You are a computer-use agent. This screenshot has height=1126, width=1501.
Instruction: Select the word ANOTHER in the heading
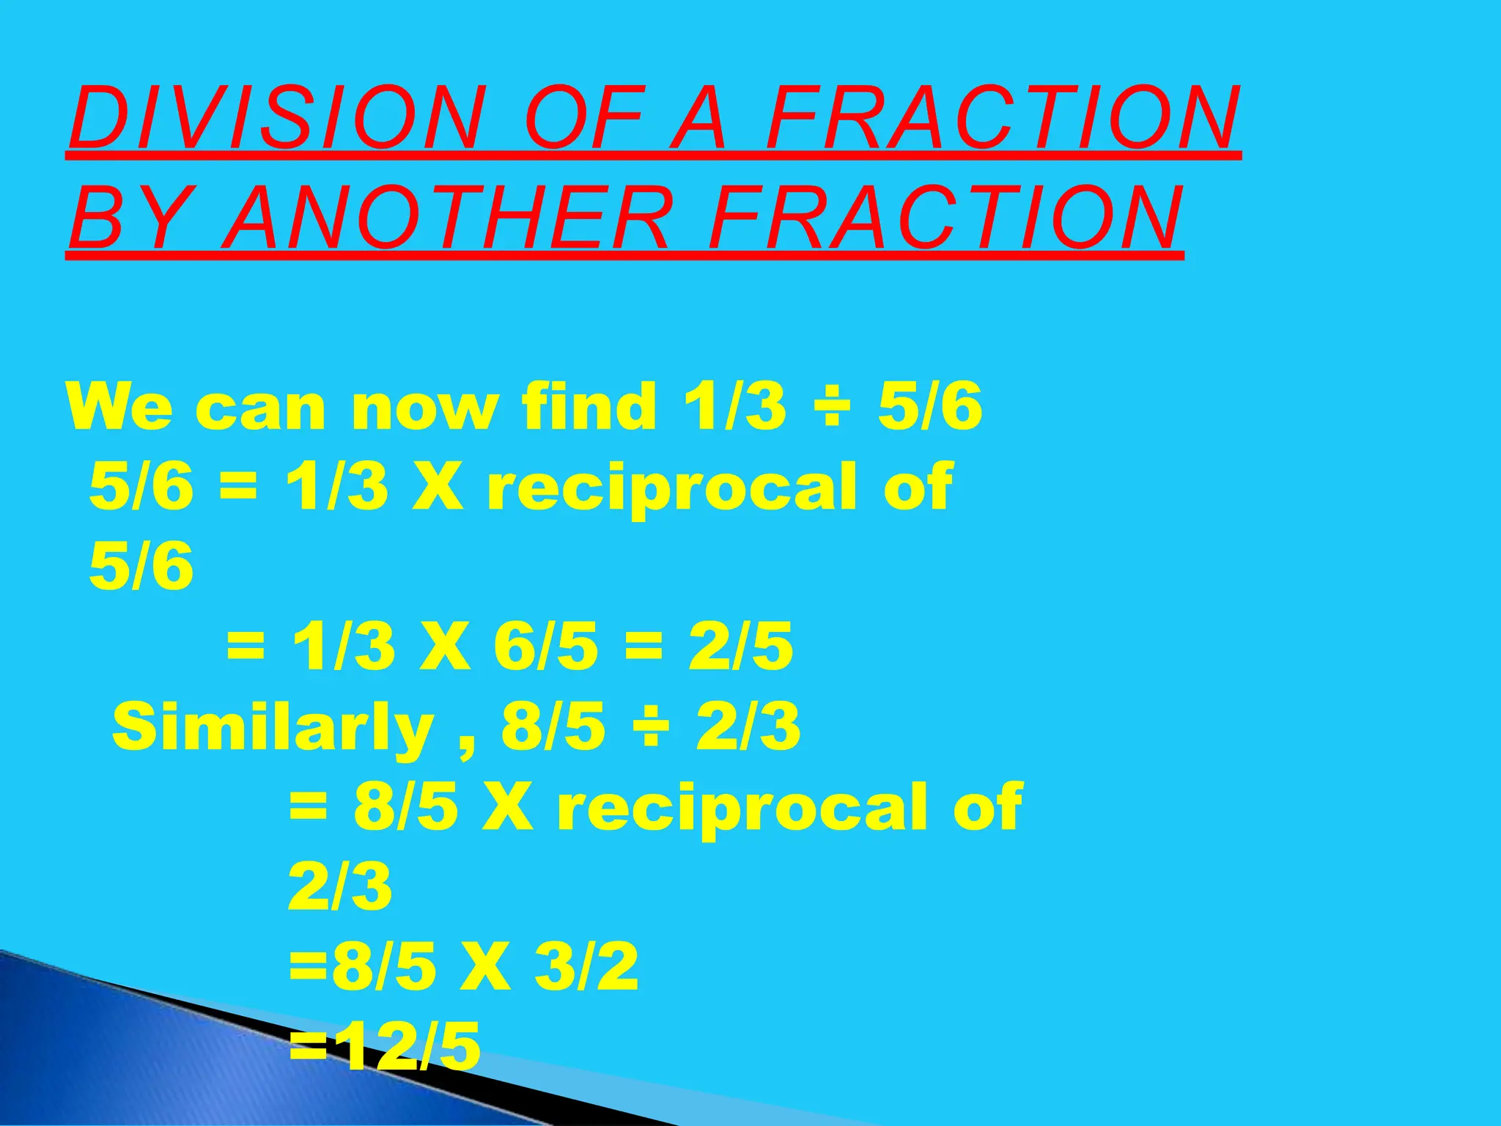coord(446,218)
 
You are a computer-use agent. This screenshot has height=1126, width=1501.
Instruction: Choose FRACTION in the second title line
coord(945,218)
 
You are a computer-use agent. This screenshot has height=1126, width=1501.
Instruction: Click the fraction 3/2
coord(586,967)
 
